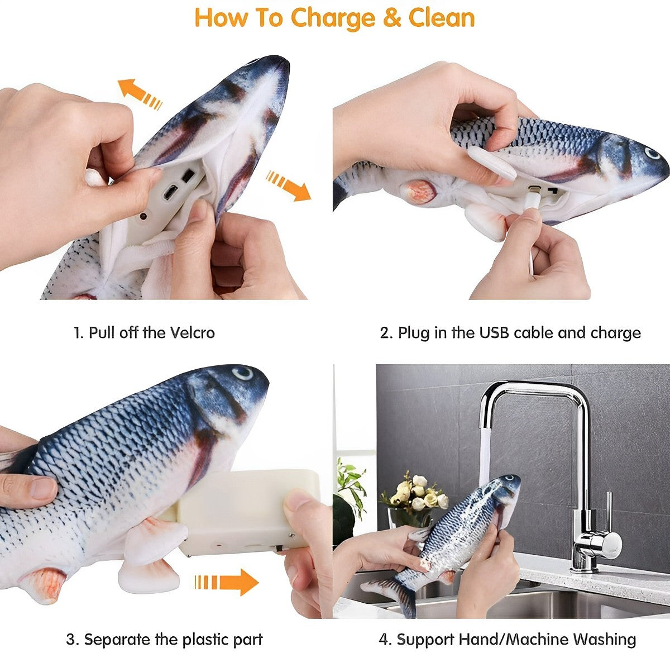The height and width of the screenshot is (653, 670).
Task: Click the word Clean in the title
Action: [442, 17]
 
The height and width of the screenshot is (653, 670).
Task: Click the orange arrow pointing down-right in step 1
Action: [289, 185]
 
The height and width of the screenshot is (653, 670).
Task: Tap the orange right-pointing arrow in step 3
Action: [227, 581]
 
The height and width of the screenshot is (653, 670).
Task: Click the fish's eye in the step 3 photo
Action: [242, 373]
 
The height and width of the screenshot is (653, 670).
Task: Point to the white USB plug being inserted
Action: [532, 200]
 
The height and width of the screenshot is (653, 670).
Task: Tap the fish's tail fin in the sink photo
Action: [391, 591]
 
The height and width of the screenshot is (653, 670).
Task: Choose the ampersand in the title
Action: [392, 18]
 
